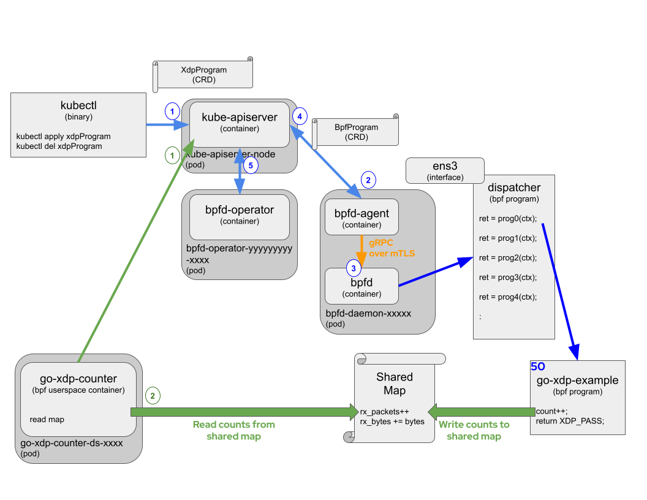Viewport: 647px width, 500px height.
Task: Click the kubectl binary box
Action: point(78,126)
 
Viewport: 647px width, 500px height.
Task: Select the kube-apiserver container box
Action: point(240,124)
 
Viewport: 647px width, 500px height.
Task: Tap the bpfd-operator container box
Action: point(240,217)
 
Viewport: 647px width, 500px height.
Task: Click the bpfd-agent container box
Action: point(361,217)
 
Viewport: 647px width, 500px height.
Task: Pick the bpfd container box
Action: point(361,286)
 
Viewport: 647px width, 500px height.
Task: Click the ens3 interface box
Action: point(445,170)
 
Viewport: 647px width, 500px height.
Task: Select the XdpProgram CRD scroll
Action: point(203,75)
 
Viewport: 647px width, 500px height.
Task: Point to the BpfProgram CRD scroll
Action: point(356,132)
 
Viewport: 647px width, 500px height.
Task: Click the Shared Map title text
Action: point(394,384)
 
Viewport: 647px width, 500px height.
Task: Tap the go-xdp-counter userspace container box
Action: point(78,399)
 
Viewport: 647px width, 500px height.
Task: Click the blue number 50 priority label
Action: point(538,366)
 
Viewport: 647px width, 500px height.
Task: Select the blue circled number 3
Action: point(354,268)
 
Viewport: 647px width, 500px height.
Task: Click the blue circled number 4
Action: point(299,115)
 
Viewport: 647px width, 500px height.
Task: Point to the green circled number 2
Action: point(153,396)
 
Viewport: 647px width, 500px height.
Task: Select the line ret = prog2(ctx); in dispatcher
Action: point(508,257)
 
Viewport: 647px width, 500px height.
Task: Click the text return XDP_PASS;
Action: point(570,421)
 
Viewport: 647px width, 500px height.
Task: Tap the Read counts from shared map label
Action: point(234,430)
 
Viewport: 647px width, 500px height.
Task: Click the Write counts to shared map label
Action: point(474,430)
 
